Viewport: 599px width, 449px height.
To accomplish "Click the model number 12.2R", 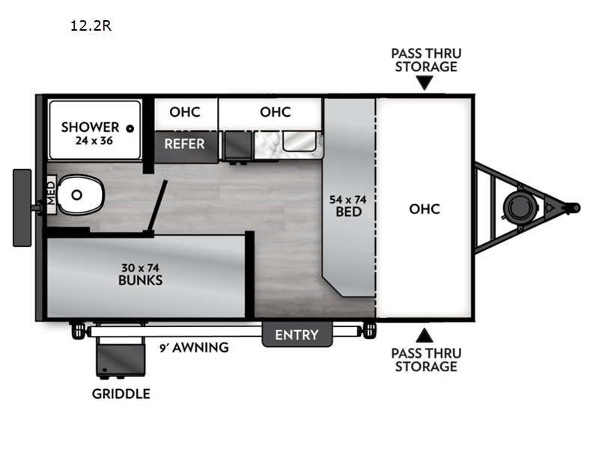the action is [x=91, y=25].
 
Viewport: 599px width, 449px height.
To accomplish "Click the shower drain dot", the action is [x=130, y=129].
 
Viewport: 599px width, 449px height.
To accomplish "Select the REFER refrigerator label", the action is [x=184, y=144].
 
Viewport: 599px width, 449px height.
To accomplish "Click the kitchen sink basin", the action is [x=299, y=141].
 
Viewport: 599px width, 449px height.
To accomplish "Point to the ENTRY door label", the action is [x=297, y=335].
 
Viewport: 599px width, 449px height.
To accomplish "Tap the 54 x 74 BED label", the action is [x=348, y=206].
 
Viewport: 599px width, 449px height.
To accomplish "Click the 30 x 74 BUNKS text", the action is [x=140, y=274].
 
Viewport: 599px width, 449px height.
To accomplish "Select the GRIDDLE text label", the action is [x=121, y=394].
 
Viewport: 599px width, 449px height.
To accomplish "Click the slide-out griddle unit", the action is [x=121, y=358].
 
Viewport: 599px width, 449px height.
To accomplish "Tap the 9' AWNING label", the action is [x=194, y=347].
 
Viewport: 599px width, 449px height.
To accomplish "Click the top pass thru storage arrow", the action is [x=425, y=82].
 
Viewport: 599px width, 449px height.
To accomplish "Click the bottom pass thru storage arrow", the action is [x=425, y=335].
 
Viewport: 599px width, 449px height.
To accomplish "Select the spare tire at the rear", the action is [x=22, y=208].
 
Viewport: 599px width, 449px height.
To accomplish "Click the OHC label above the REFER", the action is [x=185, y=112].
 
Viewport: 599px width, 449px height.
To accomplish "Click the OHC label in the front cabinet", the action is [x=425, y=209].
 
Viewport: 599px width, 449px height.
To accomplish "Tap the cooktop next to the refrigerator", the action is [x=237, y=146].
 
